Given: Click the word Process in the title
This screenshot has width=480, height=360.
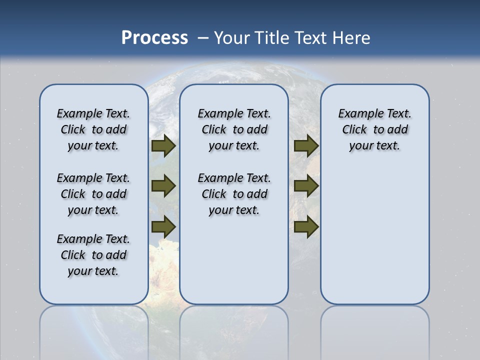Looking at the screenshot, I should (x=154, y=38).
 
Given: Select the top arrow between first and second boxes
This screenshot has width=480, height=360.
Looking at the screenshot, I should (x=163, y=146).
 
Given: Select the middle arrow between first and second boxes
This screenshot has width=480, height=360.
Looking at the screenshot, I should (x=163, y=186).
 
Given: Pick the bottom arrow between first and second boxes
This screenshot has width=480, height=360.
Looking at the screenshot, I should (x=163, y=226).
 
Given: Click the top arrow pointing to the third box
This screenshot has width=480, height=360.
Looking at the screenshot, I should (x=306, y=146).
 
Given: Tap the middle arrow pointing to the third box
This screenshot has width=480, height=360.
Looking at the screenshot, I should (x=306, y=186).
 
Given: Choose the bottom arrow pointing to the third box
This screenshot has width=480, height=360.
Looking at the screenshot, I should (x=306, y=226).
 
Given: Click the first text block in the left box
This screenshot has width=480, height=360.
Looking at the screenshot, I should (x=93, y=129).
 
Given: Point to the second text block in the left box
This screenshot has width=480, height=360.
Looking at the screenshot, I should (x=93, y=194).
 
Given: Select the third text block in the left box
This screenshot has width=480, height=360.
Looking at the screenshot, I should (x=93, y=255).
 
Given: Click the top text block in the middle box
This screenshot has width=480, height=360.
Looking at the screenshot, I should (x=234, y=129).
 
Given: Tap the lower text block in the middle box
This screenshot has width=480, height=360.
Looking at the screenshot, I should (x=234, y=194).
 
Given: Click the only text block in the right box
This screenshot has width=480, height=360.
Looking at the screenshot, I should (x=374, y=129).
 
